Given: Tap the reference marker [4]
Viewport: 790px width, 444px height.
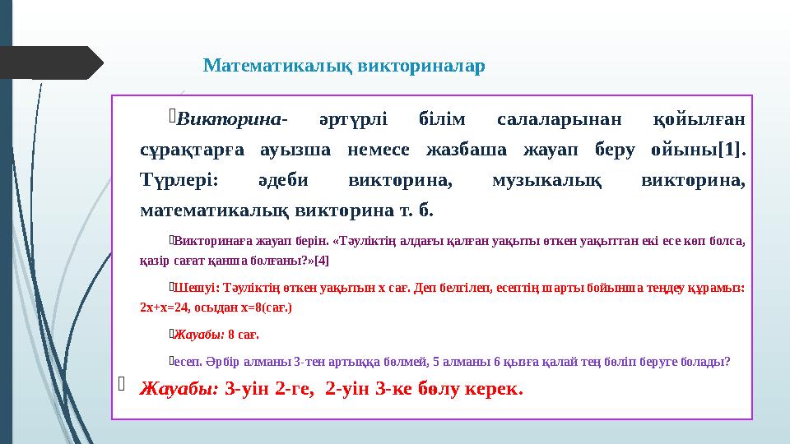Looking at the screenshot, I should pyautogui.click(x=321, y=261).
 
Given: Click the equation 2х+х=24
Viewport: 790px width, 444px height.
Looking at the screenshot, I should pyautogui.click(x=168, y=308).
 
